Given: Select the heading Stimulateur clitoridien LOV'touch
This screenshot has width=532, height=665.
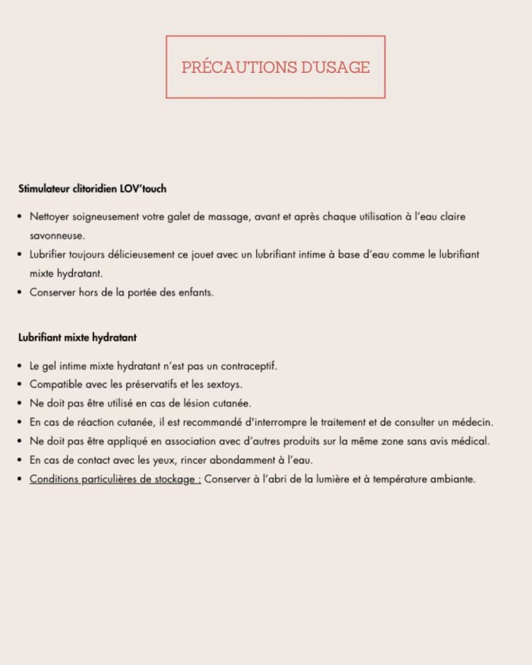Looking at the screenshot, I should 92,188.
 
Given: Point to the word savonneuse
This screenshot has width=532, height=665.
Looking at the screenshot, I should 57,236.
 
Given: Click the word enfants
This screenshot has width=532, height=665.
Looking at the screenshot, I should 195,292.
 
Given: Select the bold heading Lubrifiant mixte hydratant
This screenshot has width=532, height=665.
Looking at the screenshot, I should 78,337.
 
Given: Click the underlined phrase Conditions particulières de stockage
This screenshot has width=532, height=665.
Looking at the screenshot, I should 114,479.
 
